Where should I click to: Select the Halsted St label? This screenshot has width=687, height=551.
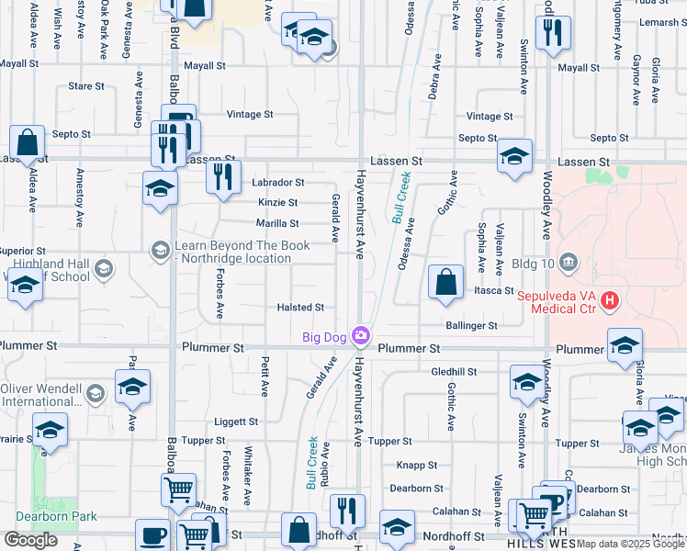(300, 308)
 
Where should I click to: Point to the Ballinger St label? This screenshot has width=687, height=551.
(471, 325)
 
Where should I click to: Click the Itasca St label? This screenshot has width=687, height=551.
(494, 290)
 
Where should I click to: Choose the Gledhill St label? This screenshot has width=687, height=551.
(455, 372)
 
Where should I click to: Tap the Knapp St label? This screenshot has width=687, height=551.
(417, 466)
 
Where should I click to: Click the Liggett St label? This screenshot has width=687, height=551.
(236, 422)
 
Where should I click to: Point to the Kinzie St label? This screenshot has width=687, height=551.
(278, 202)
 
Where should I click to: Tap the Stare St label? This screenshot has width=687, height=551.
(86, 86)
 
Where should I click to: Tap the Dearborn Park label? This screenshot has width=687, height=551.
(62, 516)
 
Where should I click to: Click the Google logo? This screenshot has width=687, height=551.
(31, 540)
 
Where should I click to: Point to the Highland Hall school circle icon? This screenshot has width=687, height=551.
(104, 269)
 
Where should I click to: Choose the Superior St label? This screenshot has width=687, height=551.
(22, 251)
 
